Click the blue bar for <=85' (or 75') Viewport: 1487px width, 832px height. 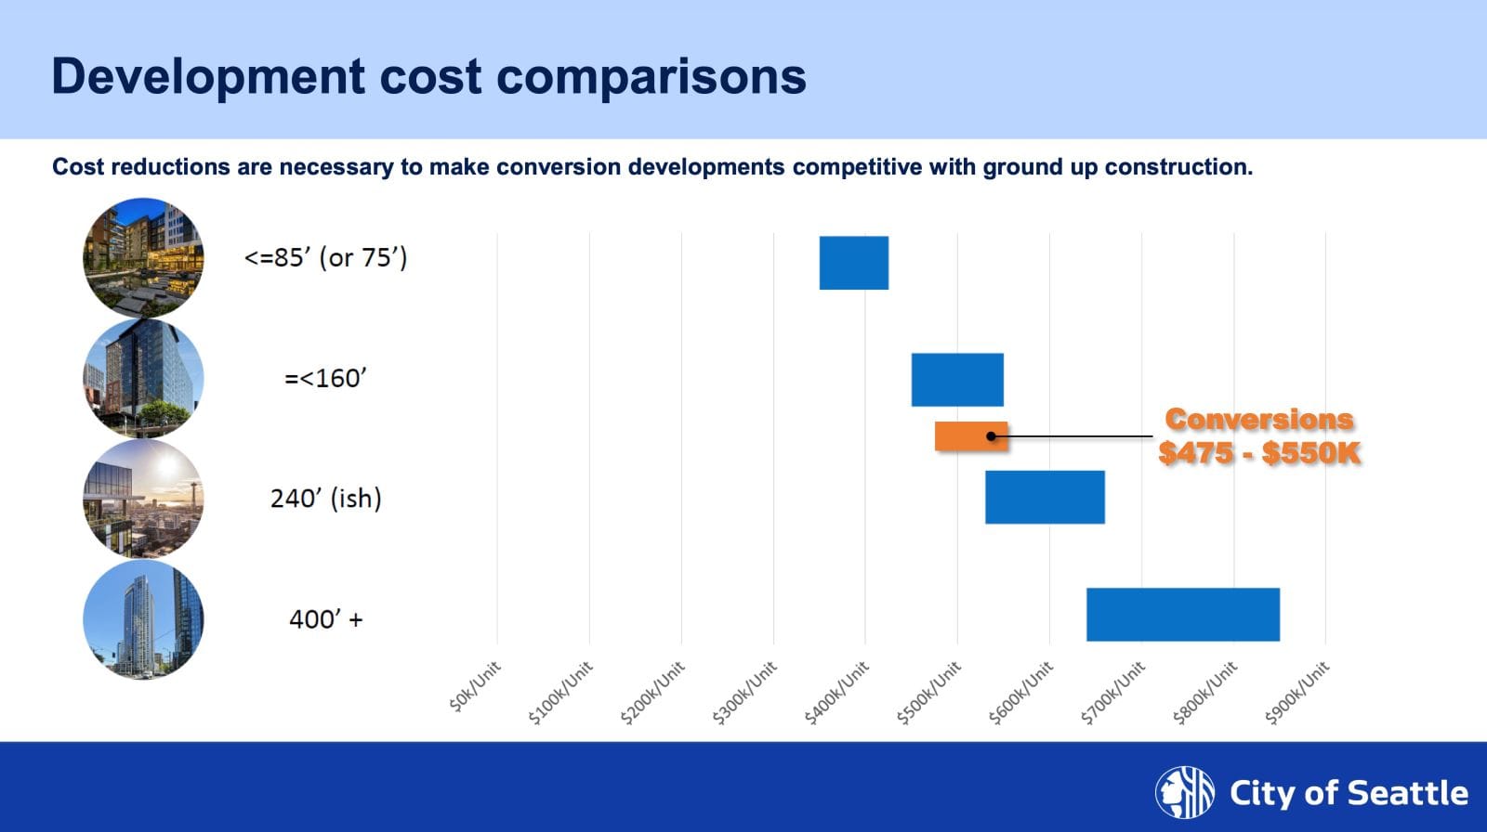click(x=853, y=263)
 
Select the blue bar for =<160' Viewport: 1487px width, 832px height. click(x=956, y=380)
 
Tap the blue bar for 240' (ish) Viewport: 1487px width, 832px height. click(x=1045, y=497)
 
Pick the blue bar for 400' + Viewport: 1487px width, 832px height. click(x=1182, y=614)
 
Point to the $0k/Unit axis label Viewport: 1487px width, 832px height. click(x=475, y=687)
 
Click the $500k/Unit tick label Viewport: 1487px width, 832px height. click(x=929, y=693)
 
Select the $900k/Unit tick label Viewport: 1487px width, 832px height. click(x=1297, y=693)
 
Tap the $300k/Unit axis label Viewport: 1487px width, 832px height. click(x=745, y=693)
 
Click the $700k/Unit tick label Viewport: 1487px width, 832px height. click(x=1113, y=693)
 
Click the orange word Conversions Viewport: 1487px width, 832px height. click(x=1258, y=420)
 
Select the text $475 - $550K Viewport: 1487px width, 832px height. click(x=1258, y=453)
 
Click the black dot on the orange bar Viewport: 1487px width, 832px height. click(x=992, y=436)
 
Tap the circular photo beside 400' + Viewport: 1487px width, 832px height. click(x=143, y=618)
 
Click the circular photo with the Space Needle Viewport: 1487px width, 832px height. click(x=143, y=499)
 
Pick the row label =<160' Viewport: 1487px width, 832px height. click(x=325, y=379)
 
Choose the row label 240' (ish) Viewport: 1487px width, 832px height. click(x=325, y=499)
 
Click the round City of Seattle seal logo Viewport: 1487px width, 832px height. click(x=1184, y=793)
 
